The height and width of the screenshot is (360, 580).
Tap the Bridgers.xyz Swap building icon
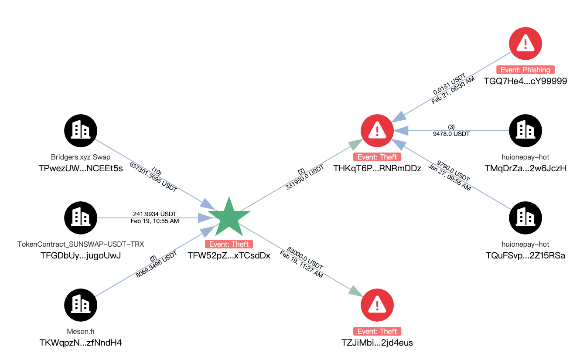pyautogui.click(x=81, y=130)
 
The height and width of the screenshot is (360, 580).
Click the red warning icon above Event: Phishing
pyautogui.click(x=525, y=43)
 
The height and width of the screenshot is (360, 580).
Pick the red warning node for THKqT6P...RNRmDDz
pyautogui.click(x=377, y=130)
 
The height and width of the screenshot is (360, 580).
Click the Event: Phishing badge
pyautogui.click(x=525, y=70)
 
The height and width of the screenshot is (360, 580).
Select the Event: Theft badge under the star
pyautogui.click(x=229, y=244)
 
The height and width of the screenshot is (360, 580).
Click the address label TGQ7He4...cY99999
pyautogui.click(x=525, y=81)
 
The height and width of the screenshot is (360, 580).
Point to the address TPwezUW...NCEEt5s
pyautogui.click(x=81, y=168)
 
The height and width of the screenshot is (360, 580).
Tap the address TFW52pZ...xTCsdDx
pyautogui.click(x=229, y=255)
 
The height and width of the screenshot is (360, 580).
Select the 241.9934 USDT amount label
pyautogui.click(x=154, y=214)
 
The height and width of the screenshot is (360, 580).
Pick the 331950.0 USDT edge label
pyautogui.click(x=305, y=177)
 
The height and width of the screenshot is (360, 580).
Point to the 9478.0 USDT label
pyautogui.click(x=451, y=134)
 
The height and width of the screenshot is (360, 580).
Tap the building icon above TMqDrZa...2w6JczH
pyautogui.click(x=525, y=130)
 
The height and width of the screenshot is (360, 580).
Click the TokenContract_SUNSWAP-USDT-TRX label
pyautogui.click(x=81, y=244)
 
